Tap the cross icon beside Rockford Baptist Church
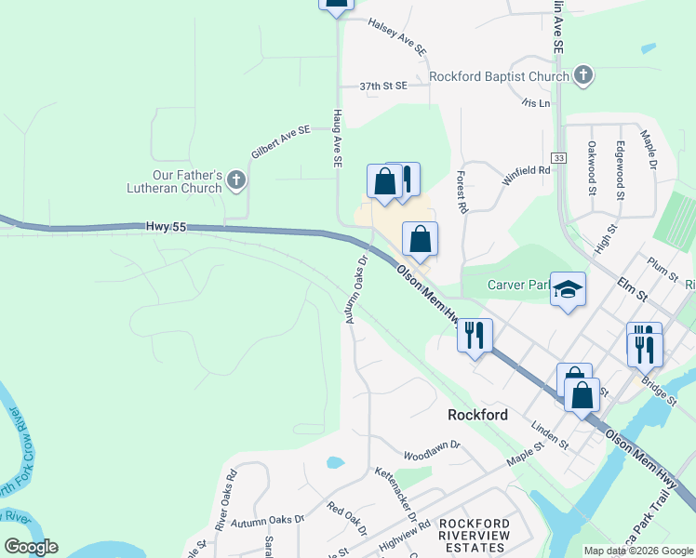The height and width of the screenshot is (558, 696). [x=582, y=75]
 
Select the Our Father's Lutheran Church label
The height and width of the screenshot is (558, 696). [x=188, y=181]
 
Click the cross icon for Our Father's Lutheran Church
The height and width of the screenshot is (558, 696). [x=236, y=179]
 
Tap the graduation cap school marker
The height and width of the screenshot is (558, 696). [x=567, y=290]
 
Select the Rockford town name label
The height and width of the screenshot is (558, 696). [x=477, y=415]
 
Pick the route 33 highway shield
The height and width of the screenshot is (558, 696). [x=558, y=157]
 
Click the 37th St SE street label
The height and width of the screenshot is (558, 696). [x=383, y=86]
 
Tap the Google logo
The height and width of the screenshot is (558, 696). [x=31, y=547]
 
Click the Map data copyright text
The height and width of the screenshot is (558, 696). [x=637, y=551]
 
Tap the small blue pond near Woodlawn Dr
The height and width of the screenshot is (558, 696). [x=335, y=462]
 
